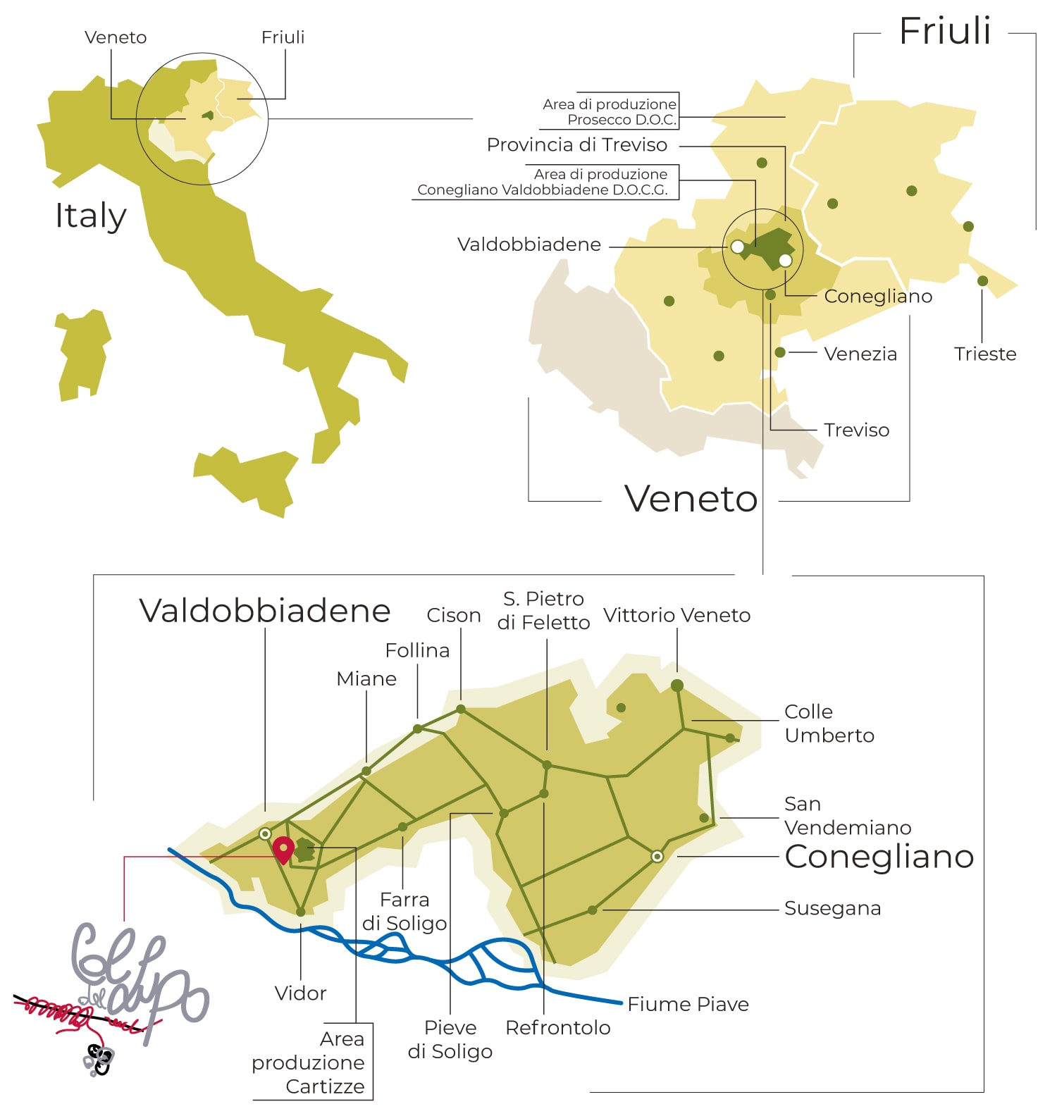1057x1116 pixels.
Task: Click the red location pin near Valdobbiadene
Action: coord(283,848)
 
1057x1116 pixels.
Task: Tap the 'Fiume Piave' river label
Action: coord(688,1004)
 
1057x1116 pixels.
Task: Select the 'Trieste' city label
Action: coord(984,354)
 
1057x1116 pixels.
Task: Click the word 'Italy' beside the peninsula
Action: coord(91,216)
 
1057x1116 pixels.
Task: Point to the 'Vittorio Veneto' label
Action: coord(676,615)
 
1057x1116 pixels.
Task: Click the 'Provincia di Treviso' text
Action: coord(576,145)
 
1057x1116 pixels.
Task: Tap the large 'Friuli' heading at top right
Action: coord(945,32)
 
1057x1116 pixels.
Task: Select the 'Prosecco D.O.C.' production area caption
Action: coord(610,112)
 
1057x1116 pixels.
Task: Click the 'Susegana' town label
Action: coord(832,908)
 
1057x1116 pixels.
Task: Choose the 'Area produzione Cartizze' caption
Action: coord(310,1062)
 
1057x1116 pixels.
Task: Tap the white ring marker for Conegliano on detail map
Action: coord(657,856)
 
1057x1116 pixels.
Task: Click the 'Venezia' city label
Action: coord(860,354)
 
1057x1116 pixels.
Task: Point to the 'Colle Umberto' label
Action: coord(829,724)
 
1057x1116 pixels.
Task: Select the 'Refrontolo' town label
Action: coord(557,1028)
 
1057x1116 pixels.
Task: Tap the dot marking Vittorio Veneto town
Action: coord(677,686)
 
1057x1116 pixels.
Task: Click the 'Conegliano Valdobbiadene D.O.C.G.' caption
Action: coord(543,182)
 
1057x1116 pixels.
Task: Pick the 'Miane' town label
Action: coord(366,678)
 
